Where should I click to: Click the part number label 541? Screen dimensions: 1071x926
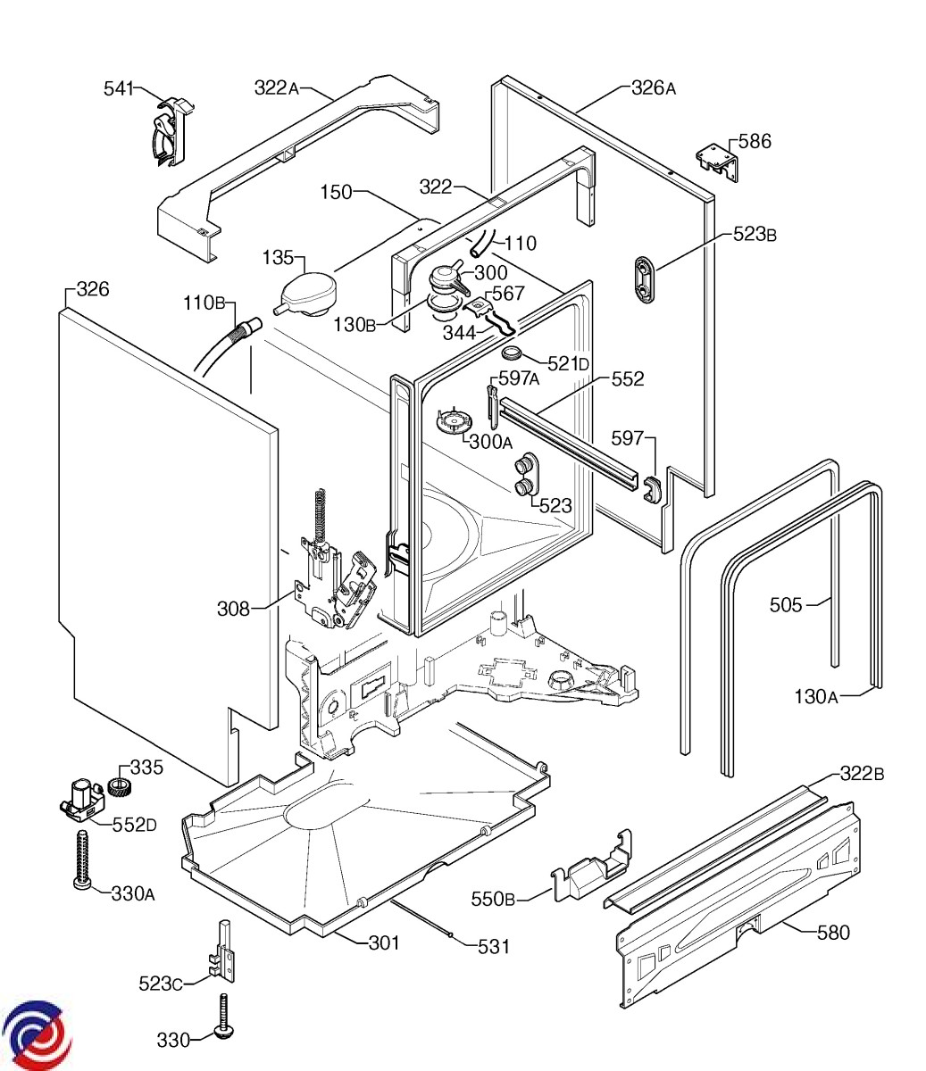click(118, 87)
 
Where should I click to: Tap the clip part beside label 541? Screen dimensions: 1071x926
click(167, 131)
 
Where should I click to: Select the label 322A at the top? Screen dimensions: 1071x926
click(276, 87)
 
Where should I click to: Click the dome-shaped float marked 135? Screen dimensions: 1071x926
click(305, 293)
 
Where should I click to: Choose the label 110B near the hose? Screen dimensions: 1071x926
click(204, 301)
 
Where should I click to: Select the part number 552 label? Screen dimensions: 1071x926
click(627, 379)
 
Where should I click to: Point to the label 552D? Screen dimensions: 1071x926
click(134, 824)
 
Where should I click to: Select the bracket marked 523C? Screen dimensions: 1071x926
click(225, 953)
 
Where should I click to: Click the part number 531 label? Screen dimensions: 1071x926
click(494, 946)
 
